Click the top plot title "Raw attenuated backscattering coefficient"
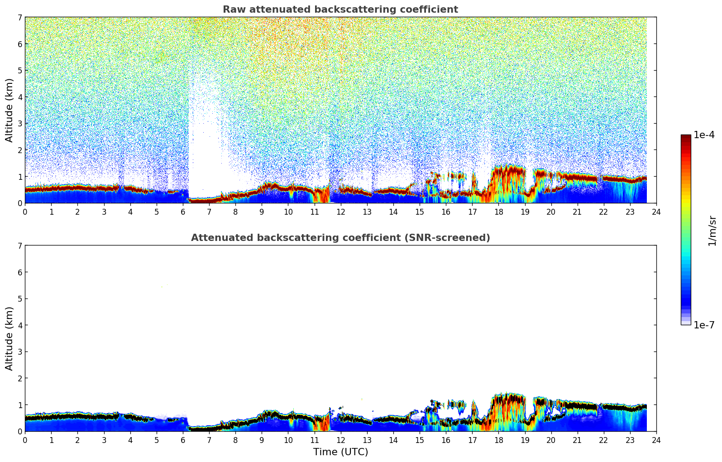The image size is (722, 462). click(340, 10)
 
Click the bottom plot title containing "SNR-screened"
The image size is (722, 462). click(340, 238)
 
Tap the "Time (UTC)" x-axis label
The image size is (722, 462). click(340, 452)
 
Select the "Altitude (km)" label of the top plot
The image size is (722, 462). click(10, 110)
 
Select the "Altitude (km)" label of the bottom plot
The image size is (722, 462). click(10, 338)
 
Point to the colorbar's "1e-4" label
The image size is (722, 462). click(704, 135)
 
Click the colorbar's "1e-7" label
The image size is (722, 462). click(704, 325)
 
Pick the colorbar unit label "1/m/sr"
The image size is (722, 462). click(712, 231)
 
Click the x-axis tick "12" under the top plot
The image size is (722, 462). click(340, 212)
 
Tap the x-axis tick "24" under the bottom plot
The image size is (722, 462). click(656, 440)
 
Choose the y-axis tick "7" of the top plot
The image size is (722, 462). click(19, 17)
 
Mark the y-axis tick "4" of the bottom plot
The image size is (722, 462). click(19, 325)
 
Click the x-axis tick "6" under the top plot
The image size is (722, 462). click(183, 212)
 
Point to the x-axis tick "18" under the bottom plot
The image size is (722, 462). click(498, 440)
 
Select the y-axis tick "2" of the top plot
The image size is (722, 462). click(19, 150)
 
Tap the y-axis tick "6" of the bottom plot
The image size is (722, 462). click(19, 272)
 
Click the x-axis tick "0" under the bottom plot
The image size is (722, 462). click(25, 440)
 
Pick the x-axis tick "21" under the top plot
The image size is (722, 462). click(577, 212)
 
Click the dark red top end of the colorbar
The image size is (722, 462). click(686, 136)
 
